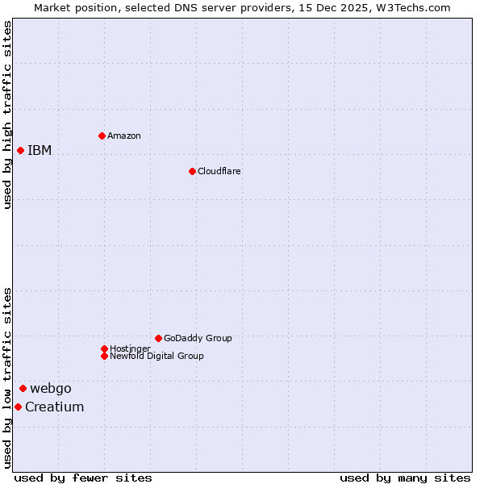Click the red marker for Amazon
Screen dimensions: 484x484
tap(102, 136)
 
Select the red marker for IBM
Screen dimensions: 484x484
tap(20, 150)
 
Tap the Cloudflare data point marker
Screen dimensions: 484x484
tap(192, 171)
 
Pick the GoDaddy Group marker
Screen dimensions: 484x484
tap(158, 338)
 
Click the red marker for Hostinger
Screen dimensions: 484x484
tap(104, 348)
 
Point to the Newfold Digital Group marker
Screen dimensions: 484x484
tap(104, 356)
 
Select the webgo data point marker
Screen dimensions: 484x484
tap(23, 388)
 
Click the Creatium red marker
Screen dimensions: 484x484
tap(18, 407)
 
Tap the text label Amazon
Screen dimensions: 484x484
tap(124, 136)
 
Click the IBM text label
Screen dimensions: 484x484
tap(40, 150)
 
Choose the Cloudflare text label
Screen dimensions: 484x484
tap(219, 171)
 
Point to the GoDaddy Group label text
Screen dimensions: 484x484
tap(198, 338)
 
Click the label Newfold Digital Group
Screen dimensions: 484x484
tap(157, 356)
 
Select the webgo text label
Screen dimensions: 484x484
tap(51, 388)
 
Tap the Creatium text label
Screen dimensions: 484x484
tap(55, 407)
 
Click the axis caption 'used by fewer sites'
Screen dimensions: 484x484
tap(83, 478)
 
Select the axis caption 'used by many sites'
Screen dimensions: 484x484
tap(405, 478)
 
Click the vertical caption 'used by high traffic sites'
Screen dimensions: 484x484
tap(7, 115)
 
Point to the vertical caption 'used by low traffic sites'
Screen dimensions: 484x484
tap(7, 378)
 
